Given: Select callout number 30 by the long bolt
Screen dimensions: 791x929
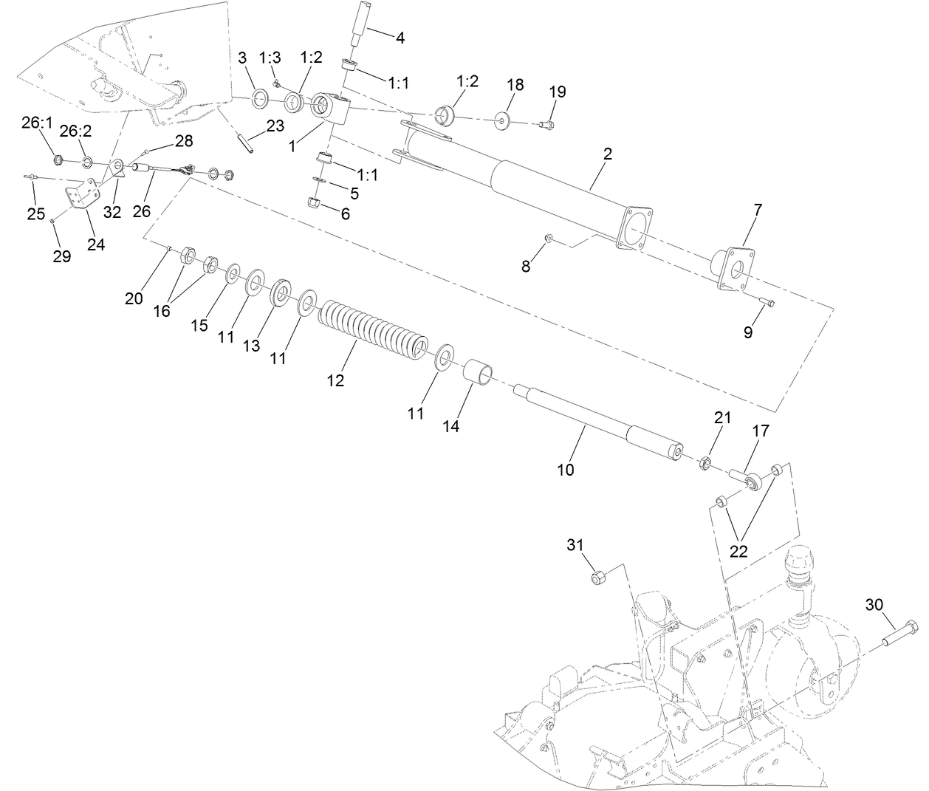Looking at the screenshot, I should click(873, 605).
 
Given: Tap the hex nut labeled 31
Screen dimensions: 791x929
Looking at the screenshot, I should click(599, 577).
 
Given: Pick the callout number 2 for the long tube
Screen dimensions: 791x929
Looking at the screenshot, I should click(607, 154).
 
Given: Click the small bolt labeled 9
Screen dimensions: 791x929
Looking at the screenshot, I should click(767, 301).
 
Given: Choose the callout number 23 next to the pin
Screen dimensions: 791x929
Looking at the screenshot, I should click(275, 126).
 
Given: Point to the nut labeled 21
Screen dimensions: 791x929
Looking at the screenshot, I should click(705, 464).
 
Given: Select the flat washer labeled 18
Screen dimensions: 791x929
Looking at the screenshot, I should click(503, 119).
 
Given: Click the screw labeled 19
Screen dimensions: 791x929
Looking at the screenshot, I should click(545, 124).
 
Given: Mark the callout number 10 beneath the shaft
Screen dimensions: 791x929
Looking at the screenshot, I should click(565, 469).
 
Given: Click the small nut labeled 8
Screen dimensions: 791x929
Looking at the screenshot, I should click(549, 239).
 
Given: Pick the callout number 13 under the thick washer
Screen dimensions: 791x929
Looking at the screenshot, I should click(252, 346).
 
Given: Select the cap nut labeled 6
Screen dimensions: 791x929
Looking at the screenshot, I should click(314, 203).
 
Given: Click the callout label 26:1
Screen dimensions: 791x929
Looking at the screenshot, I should click(37, 123).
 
